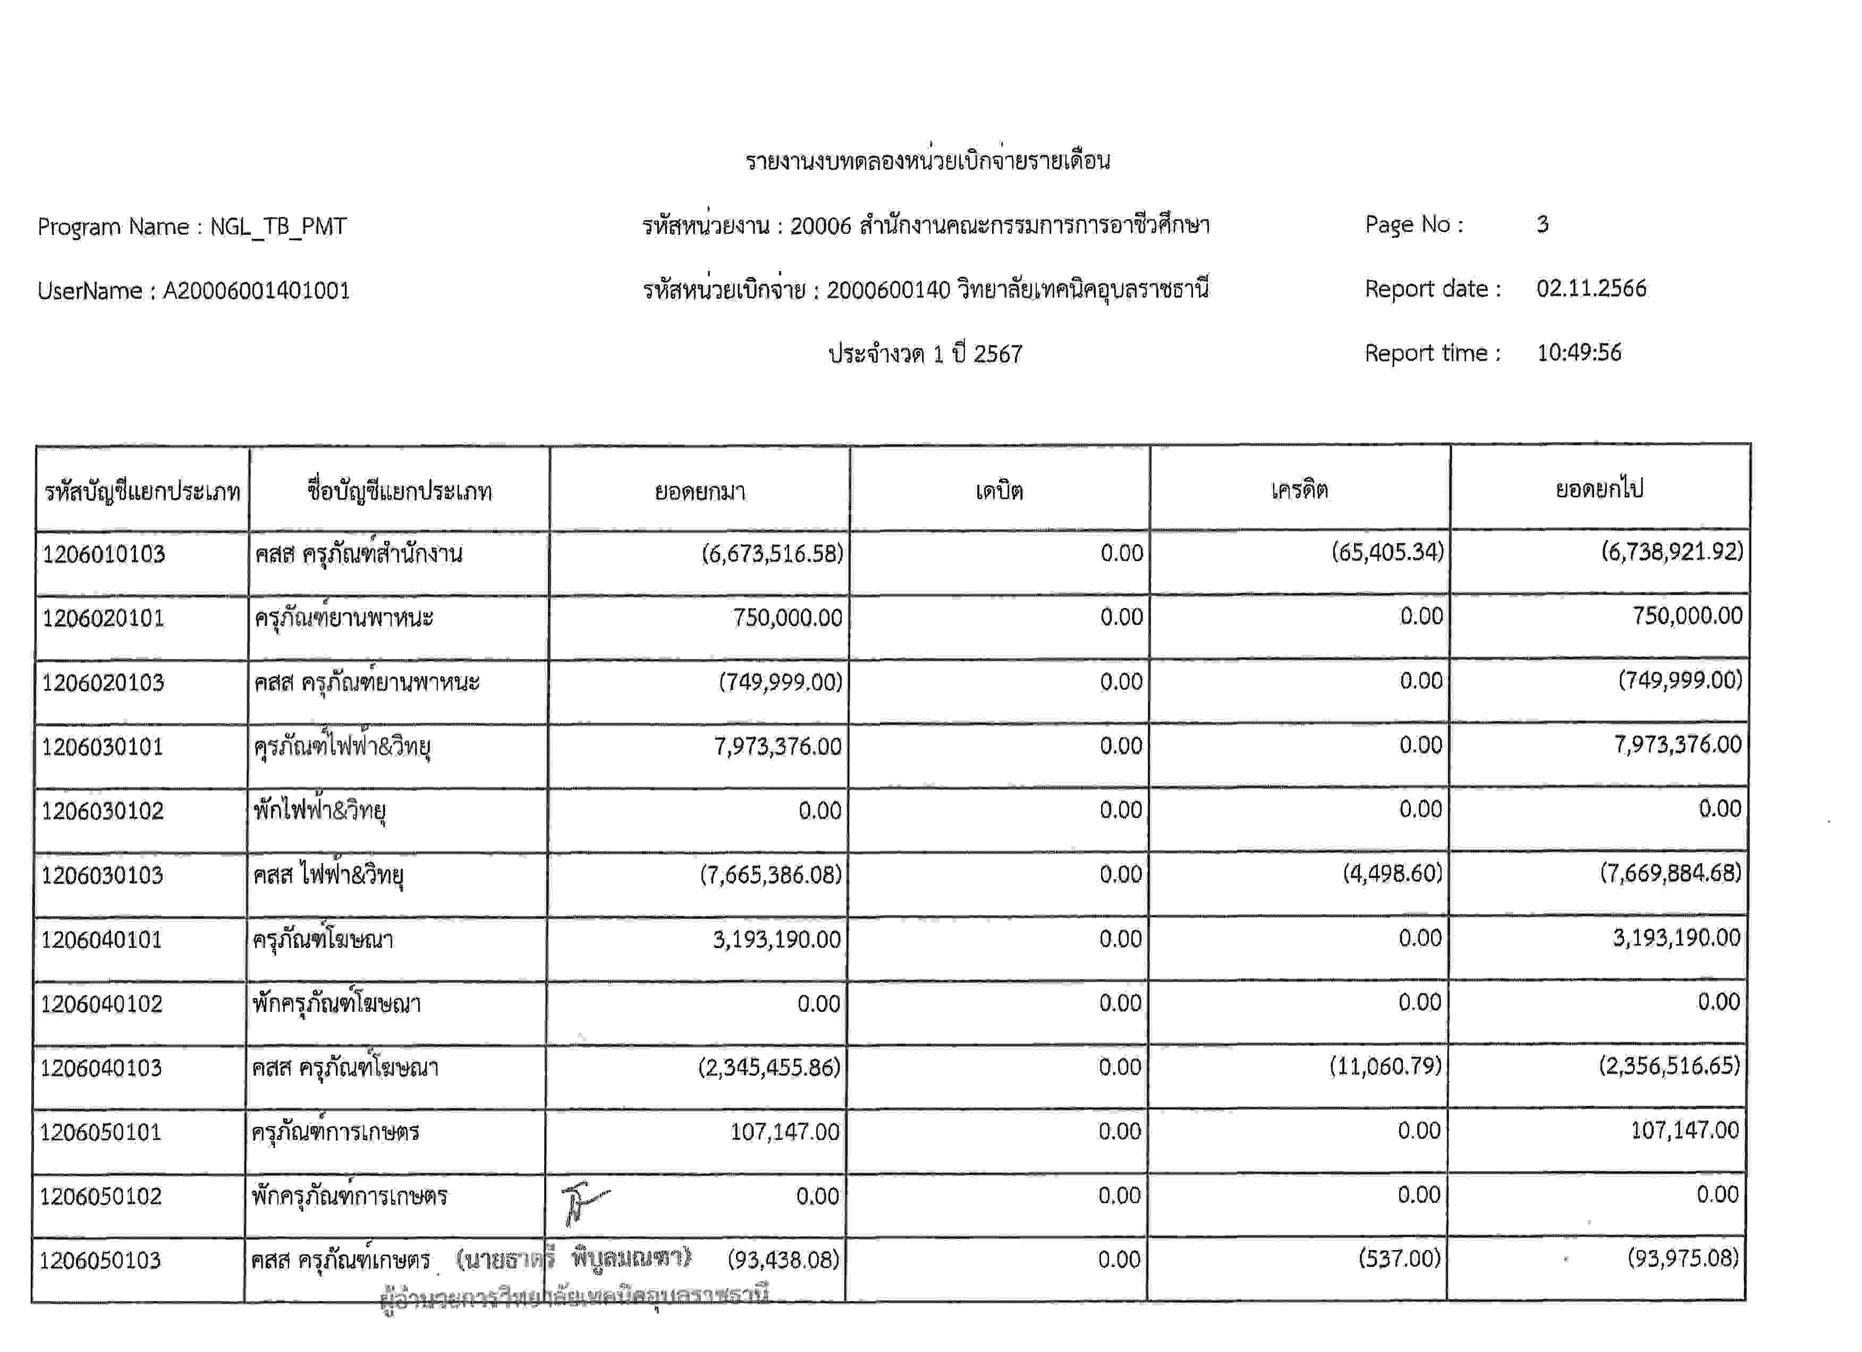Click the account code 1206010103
tap(104, 554)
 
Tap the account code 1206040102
tap(102, 1003)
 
